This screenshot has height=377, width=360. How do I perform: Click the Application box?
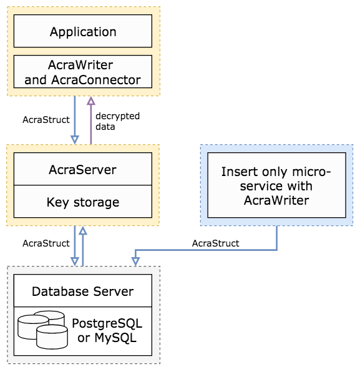click(x=83, y=31)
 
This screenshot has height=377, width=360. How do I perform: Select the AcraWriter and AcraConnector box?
click(x=83, y=72)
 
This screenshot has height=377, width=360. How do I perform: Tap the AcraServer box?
click(x=83, y=169)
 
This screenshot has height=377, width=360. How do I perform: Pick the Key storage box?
click(x=83, y=202)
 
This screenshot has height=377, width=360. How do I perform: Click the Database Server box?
click(x=83, y=291)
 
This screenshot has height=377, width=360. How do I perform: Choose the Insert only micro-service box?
click(x=276, y=185)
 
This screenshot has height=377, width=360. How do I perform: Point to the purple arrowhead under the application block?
click(x=91, y=100)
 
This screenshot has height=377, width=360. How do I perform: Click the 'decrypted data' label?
click(x=117, y=121)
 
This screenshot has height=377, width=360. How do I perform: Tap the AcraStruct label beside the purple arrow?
click(x=46, y=120)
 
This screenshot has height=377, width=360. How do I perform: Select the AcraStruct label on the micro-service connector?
click(x=215, y=243)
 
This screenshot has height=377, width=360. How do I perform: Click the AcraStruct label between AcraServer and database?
click(x=46, y=243)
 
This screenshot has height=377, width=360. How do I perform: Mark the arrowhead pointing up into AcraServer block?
click(x=83, y=230)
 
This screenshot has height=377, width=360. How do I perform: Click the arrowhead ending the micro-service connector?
click(x=135, y=262)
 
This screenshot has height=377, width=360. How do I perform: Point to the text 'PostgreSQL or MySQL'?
click(x=107, y=330)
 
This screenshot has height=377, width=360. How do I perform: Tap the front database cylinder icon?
click(x=52, y=336)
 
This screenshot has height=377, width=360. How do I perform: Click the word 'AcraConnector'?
click(x=96, y=80)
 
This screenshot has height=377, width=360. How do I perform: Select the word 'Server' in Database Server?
click(x=113, y=291)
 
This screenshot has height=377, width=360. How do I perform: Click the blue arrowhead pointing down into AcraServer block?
click(x=75, y=140)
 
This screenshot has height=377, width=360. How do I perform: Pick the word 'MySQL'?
click(x=115, y=338)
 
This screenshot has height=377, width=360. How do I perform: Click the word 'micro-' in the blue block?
click(x=312, y=172)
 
